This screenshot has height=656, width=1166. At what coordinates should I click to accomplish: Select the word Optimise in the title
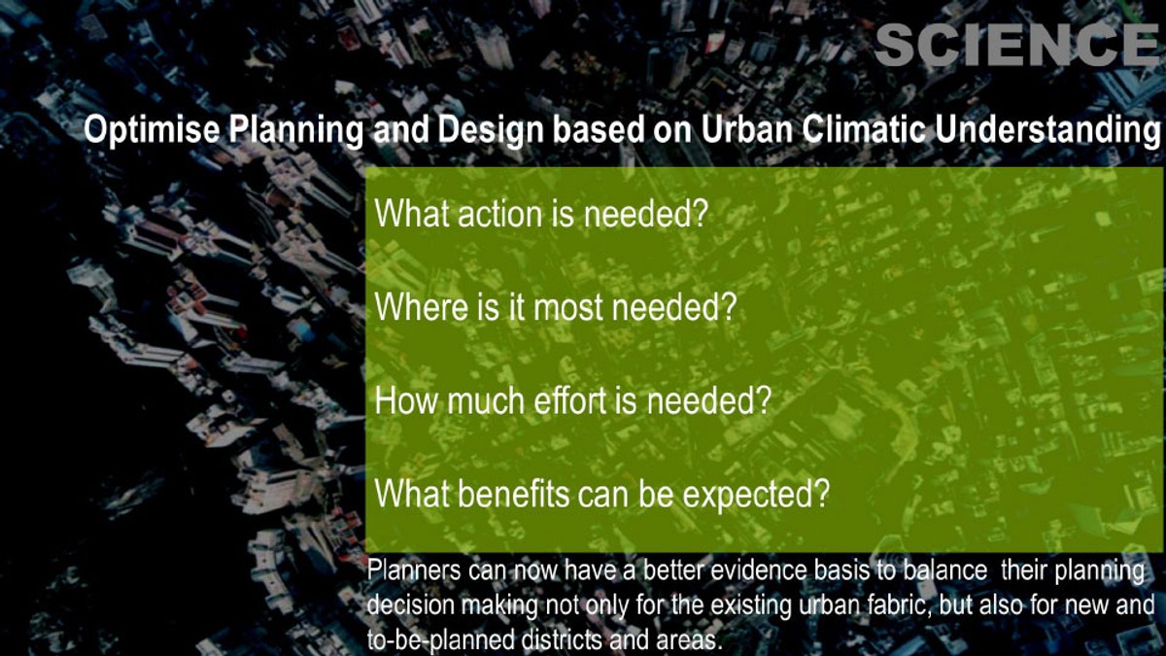(152, 130)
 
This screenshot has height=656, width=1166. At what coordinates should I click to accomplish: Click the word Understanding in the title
(1047, 130)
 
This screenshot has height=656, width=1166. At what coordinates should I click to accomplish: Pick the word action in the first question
(499, 214)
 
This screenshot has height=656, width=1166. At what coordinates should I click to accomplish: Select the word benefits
(514, 494)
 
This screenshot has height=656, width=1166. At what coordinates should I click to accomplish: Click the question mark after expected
(821, 494)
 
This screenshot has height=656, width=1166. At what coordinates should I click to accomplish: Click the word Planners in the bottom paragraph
(414, 570)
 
